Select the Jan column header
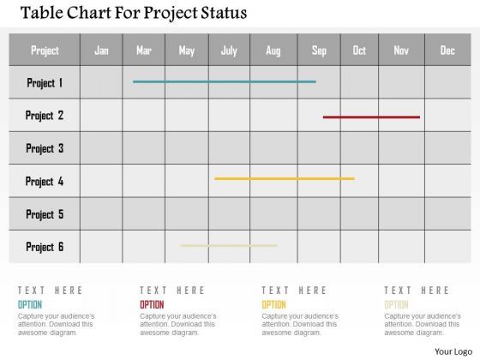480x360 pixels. click(101, 51)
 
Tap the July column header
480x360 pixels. click(229, 51)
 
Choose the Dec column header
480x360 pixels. click(447, 51)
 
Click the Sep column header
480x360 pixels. click(319, 51)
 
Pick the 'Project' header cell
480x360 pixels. click(45, 51)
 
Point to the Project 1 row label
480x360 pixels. click(45, 83)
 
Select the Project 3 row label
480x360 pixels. click(45, 148)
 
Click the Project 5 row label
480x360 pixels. click(45, 214)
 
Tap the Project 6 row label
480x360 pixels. click(45, 247)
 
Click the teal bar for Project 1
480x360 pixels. click(224, 81)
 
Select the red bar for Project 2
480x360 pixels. click(371, 117)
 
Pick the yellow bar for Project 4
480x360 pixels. click(284, 178)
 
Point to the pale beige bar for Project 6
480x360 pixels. click(228, 245)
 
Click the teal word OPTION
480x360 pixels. click(29, 304)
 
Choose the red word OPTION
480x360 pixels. click(152, 304)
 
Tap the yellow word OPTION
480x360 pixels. click(273, 304)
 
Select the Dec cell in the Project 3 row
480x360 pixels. click(447, 148)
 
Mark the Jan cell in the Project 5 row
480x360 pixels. click(101, 214)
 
